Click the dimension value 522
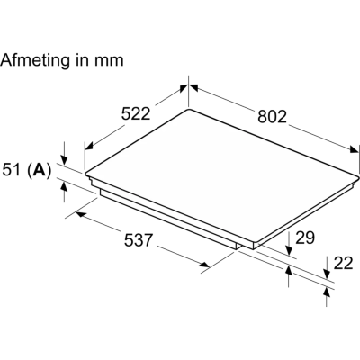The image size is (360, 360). pyautogui.click(x=135, y=114)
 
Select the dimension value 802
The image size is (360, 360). pyautogui.click(x=273, y=117)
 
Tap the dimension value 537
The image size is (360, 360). pyautogui.click(x=139, y=240)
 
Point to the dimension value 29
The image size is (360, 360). pyautogui.click(x=305, y=238)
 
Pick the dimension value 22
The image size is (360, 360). pyautogui.click(x=343, y=263)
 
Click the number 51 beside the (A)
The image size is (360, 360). pyautogui.click(x=12, y=170)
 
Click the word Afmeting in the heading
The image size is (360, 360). pyautogui.click(x=35, y=60)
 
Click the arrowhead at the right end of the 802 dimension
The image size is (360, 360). pyautogui.click(x=354, y=149)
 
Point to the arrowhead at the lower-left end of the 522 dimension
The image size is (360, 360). pyautogui.click(x=89, y=146)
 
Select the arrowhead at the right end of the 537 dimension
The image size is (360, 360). pyautogui.click(x=205, y=265)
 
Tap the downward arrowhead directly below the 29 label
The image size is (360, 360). pyautogui.click(x=289, y=250)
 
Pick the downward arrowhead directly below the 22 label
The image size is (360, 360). pyautogui.click(x=328, y=273)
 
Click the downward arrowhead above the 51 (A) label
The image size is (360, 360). pyautogui.click(x=64, y=159)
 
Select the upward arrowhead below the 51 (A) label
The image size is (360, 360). pyautogui.click(x=64, y=187)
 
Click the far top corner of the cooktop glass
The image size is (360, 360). pyautogui.click(x=188, y=109)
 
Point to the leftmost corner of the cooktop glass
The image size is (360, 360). pyautogui.click(x=85, y=174)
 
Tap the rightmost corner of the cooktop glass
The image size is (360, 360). pyautogui.click(x=358, y=175)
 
